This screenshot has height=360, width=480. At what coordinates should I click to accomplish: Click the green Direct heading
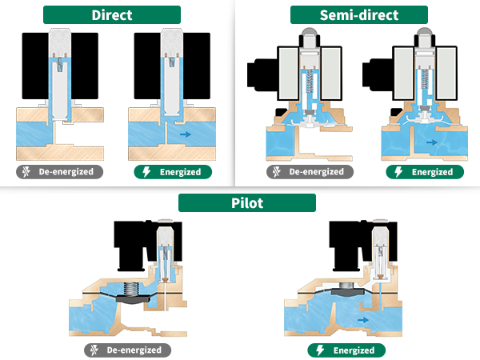pyautogui.click(x=112, y=14)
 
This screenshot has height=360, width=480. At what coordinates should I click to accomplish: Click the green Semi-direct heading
pyautogui.click(x=359, y=14)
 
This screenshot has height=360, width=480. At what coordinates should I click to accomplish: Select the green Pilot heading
pyautogui.click(x=247, y=202)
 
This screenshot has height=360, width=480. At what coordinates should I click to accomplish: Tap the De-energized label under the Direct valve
pyautogui.click(x=60, y=172)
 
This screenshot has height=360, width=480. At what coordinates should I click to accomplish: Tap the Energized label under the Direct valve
pyautogui.click(x=173, y=172)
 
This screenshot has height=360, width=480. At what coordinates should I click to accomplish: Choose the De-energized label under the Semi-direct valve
pyautogui.click(x=310, y=172)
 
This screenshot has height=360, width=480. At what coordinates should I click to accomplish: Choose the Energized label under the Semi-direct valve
pyautogui.click(x=425, y=172)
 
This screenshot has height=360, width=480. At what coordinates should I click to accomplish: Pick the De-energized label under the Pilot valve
pyautogui.click(x=128, y=350)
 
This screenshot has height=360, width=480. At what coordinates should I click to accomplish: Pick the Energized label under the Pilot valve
pyautogui.click(x=346, y=350)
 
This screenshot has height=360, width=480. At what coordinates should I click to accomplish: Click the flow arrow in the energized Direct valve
pyautogui.click(x=186, y=134)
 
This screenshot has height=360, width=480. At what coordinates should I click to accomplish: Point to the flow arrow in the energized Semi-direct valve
pyautogui.click(x=432, y=142)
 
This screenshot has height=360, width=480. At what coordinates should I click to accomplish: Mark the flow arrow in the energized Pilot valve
pyautogui.click(x=363, y=320)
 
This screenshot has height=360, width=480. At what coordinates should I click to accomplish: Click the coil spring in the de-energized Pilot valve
pyautogui.click(x=131, y=290)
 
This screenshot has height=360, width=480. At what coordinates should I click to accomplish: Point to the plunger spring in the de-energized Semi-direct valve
pyautogui.click(x=310, y=81)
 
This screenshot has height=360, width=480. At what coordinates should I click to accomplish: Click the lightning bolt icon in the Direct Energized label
pyautogui.click(x=146, y=172)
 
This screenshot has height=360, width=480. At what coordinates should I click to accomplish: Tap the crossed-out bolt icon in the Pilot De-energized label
pyautogui.click(x=94, y=350)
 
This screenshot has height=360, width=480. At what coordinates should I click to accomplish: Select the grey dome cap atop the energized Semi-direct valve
pyautogui.click(x=425, y=31)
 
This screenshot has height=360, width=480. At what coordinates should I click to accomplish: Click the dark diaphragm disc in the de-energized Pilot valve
pyautogui.click(x=133, y=298)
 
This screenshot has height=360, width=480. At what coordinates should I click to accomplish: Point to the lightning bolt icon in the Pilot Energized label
pyautogui.click(x=320, y=350)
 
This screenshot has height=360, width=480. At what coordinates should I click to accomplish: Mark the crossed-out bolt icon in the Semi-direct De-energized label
pyautogui.click(x=277, y=172)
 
